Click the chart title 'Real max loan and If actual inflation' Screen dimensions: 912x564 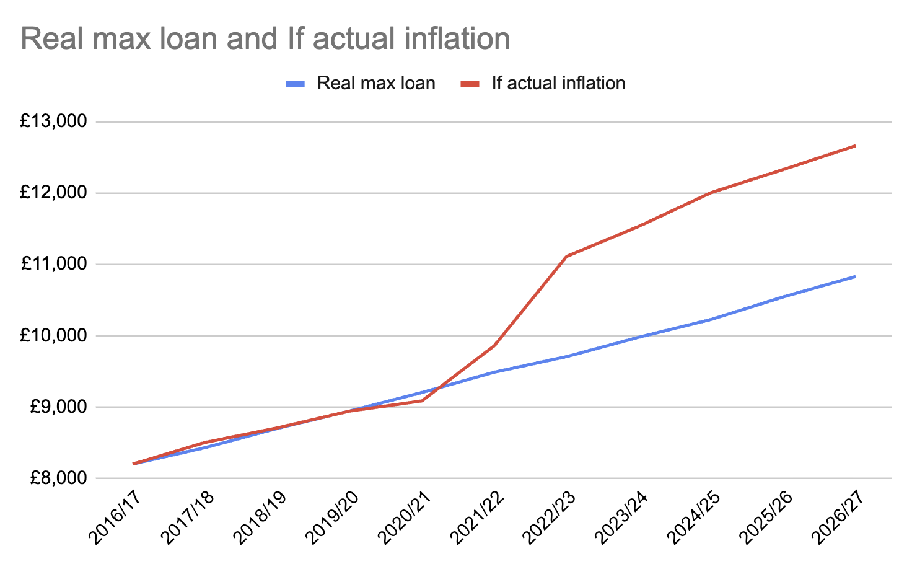pyautogui.click(x=265, y=39)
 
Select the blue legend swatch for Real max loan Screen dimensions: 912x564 pyautogui.click(x=295, y=84)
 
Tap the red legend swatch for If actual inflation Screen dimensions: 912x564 pyautogui.click(x=470, y=84)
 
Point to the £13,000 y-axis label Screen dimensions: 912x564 pyautogui.click(x=53, y=121)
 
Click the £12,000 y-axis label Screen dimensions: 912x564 pyautogui.click(x=53, y=192)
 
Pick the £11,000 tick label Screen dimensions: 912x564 pyautogui.click(x=53, y=264)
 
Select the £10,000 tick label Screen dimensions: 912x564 pyautogui.click(x=53, y=335)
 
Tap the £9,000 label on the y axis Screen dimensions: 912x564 pyautogui.click(x=58, y=407)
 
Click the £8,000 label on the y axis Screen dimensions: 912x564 pyautogui.click(x=58, y=478)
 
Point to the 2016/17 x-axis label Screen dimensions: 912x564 pyautogui.click(x=115, y=518)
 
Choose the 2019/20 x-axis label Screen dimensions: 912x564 pyautogui.click(x=332, y=518)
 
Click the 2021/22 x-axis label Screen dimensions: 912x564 pyautogui.click(x=477, y=518)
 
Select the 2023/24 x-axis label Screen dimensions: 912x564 pyautogui.click(x=621, y=518)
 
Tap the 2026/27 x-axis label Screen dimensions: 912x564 pyautogui.click(x=839, y=518)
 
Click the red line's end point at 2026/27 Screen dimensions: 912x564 pyautogui.click(x=855, y=146)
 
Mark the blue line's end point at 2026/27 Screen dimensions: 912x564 pyautogui.click(x=855, y=276)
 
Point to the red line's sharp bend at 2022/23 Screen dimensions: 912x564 pyautogui.click(x=566, y=256)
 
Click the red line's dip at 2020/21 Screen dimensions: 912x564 pyautogui.click(x=422, y=401)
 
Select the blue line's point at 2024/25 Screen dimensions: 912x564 pyautogui.click(x=711, y=319)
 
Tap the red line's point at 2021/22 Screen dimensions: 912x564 pyautogui.click(x=494, y=345)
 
